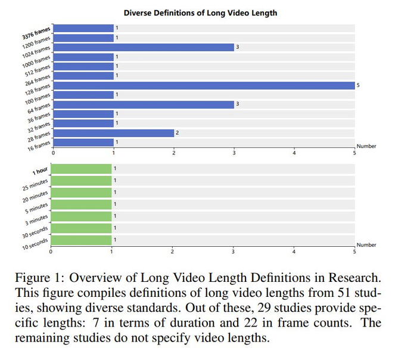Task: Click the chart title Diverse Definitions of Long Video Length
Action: click(x=200, y=13)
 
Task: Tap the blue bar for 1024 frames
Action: click(x=144, y=47)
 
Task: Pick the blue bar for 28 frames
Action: click(x=114, y=133)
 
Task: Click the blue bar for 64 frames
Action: click(x=144, y=104)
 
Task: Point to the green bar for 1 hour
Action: click(x=81, y=169)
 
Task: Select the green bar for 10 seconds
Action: click(x=81, y=240)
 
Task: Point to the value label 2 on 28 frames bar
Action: click(x=177, y=133)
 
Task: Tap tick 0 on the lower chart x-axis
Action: click(x=51, y=252)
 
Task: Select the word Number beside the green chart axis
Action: click(x=366, y=245)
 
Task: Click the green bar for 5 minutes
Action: click(x=81, y=204)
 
